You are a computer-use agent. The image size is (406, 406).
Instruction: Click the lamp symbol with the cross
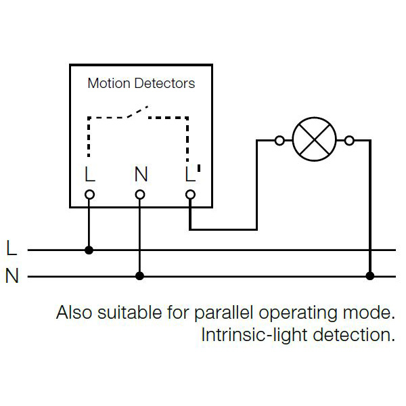click(x=314, y=141)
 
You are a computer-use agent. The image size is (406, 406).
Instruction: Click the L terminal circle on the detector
click(x=89, y=195)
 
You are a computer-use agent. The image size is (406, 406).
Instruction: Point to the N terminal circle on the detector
click(x=139, y=195)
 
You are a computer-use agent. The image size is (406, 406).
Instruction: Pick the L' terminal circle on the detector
click(x=190, y=195)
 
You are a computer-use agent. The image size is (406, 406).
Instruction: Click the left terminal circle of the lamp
click(x=279, y=141)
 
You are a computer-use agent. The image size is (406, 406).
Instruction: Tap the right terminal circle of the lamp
click(x=349, y=141)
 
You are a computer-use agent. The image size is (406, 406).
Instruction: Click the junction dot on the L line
click(x=89, y=250)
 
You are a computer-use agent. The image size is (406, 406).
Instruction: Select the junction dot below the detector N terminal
click(x=139, y=276)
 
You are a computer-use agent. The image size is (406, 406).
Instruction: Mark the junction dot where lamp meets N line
click(x=369, y=276)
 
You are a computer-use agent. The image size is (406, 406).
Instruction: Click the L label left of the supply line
click(x=12, y=248)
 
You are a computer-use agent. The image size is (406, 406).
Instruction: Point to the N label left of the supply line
click(x=12, y=276)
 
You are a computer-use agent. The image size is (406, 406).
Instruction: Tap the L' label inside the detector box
click(x=192, y=174)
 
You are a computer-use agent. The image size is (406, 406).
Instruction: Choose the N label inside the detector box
click(x=140, y=175)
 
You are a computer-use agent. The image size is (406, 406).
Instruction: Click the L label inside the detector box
click(x=89, y=175)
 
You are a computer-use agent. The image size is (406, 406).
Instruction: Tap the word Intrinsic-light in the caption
click(x=248, y=335)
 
